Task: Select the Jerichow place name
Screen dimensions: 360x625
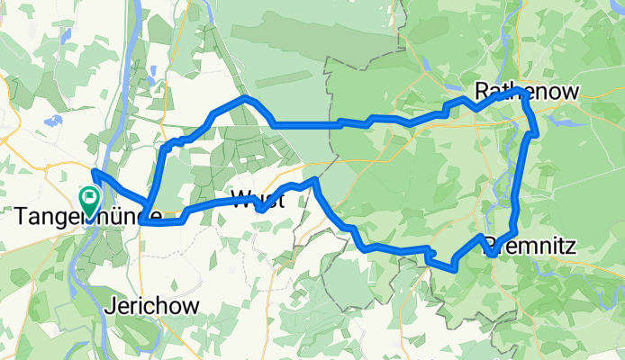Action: tap(152, 304)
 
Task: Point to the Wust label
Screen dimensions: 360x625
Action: tap(258, 200)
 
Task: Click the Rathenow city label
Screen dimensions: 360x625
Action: tap(526, 89)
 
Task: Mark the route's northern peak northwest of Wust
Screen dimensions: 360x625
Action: tap(243, 96)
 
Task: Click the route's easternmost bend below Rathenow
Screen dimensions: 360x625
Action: tap(537, 133)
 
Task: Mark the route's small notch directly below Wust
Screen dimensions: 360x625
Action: tap(259, 209)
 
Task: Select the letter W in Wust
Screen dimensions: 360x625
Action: tap(240, 200)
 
